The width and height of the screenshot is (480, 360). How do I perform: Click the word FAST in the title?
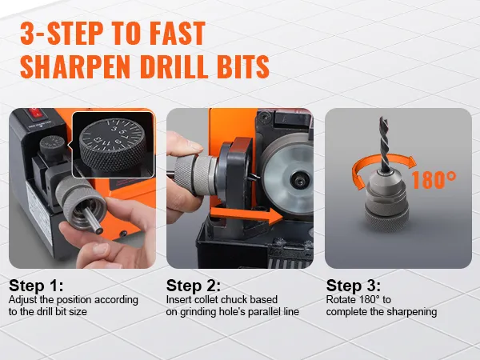(178, 34)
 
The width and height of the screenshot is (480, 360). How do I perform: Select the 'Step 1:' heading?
(36, 286)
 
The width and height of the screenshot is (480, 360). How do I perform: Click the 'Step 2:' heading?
(193, 286)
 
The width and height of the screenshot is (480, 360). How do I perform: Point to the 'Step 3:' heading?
(354, 286)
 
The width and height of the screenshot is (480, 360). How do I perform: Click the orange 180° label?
(434, 180)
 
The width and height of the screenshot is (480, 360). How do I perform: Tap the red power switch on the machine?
(35, 114)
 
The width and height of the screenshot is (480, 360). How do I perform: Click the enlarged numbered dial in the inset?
(114, 144)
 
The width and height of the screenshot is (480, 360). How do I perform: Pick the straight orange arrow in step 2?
(246, 216)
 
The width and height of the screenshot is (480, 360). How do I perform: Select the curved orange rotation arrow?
(382, 166)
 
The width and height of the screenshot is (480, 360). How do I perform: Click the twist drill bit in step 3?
(385, 144)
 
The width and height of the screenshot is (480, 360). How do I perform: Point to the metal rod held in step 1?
(93, 220)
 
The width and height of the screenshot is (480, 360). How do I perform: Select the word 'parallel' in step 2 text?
(266, 312)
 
